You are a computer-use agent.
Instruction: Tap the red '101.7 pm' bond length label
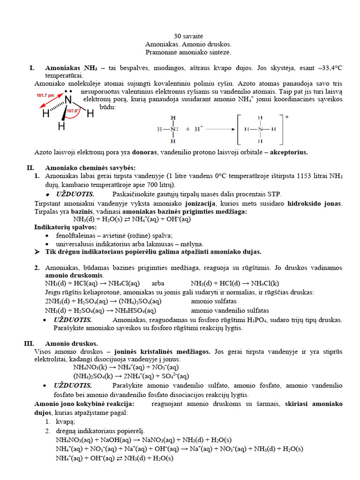click(45, 95)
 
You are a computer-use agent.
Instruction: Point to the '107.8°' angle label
click(72, 112)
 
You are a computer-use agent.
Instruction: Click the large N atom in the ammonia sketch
click(68, 100)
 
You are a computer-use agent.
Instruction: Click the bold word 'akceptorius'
click(289, 152)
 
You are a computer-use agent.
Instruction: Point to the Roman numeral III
click(29, 343)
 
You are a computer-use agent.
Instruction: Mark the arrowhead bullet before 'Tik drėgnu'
click(37, 252)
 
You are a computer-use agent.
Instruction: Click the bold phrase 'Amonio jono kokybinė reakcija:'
click(84, 404)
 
